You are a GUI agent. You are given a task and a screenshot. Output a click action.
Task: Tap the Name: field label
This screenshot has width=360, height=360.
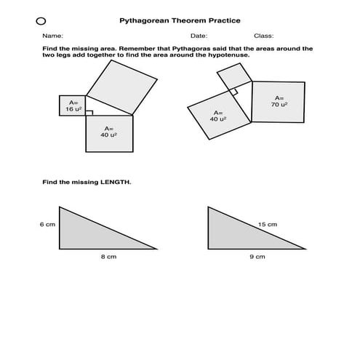pyautogui.click(x=52, y=36)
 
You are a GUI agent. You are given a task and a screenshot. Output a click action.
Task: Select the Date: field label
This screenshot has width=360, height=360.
pyautogui.click(x=199, y=36)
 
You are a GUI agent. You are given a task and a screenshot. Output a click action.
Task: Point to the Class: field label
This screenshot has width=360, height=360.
pyautogui.click(x=263, y=36)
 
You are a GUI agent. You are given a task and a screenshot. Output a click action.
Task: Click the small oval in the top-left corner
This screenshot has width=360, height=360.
pyautogui.click(x=41, y=21)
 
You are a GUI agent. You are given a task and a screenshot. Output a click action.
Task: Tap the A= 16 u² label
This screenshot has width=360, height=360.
pyautogui.click(x=73, y=105)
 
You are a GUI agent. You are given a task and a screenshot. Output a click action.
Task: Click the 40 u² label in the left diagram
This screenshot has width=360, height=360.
pyautogui.click(x=109, y=134)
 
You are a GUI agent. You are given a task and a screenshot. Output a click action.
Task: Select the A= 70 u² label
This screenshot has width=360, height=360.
pyautogui.click(x=279, y=101)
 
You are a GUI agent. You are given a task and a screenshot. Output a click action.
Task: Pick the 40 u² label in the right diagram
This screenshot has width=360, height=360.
pyautogui.click(x=217, y=116)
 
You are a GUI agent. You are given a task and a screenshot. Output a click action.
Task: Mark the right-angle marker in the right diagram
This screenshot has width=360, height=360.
pyautogui.click(x=234, y=92)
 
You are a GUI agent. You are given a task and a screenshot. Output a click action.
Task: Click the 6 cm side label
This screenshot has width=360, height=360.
pyautogui.click(x=47, y=225)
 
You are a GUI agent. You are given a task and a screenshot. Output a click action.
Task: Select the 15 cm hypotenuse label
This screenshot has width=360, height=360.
pyautogui.click(x=267, y=225)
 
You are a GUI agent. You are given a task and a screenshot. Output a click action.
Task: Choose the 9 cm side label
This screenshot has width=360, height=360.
pyautogui.click(x=257, y=257)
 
